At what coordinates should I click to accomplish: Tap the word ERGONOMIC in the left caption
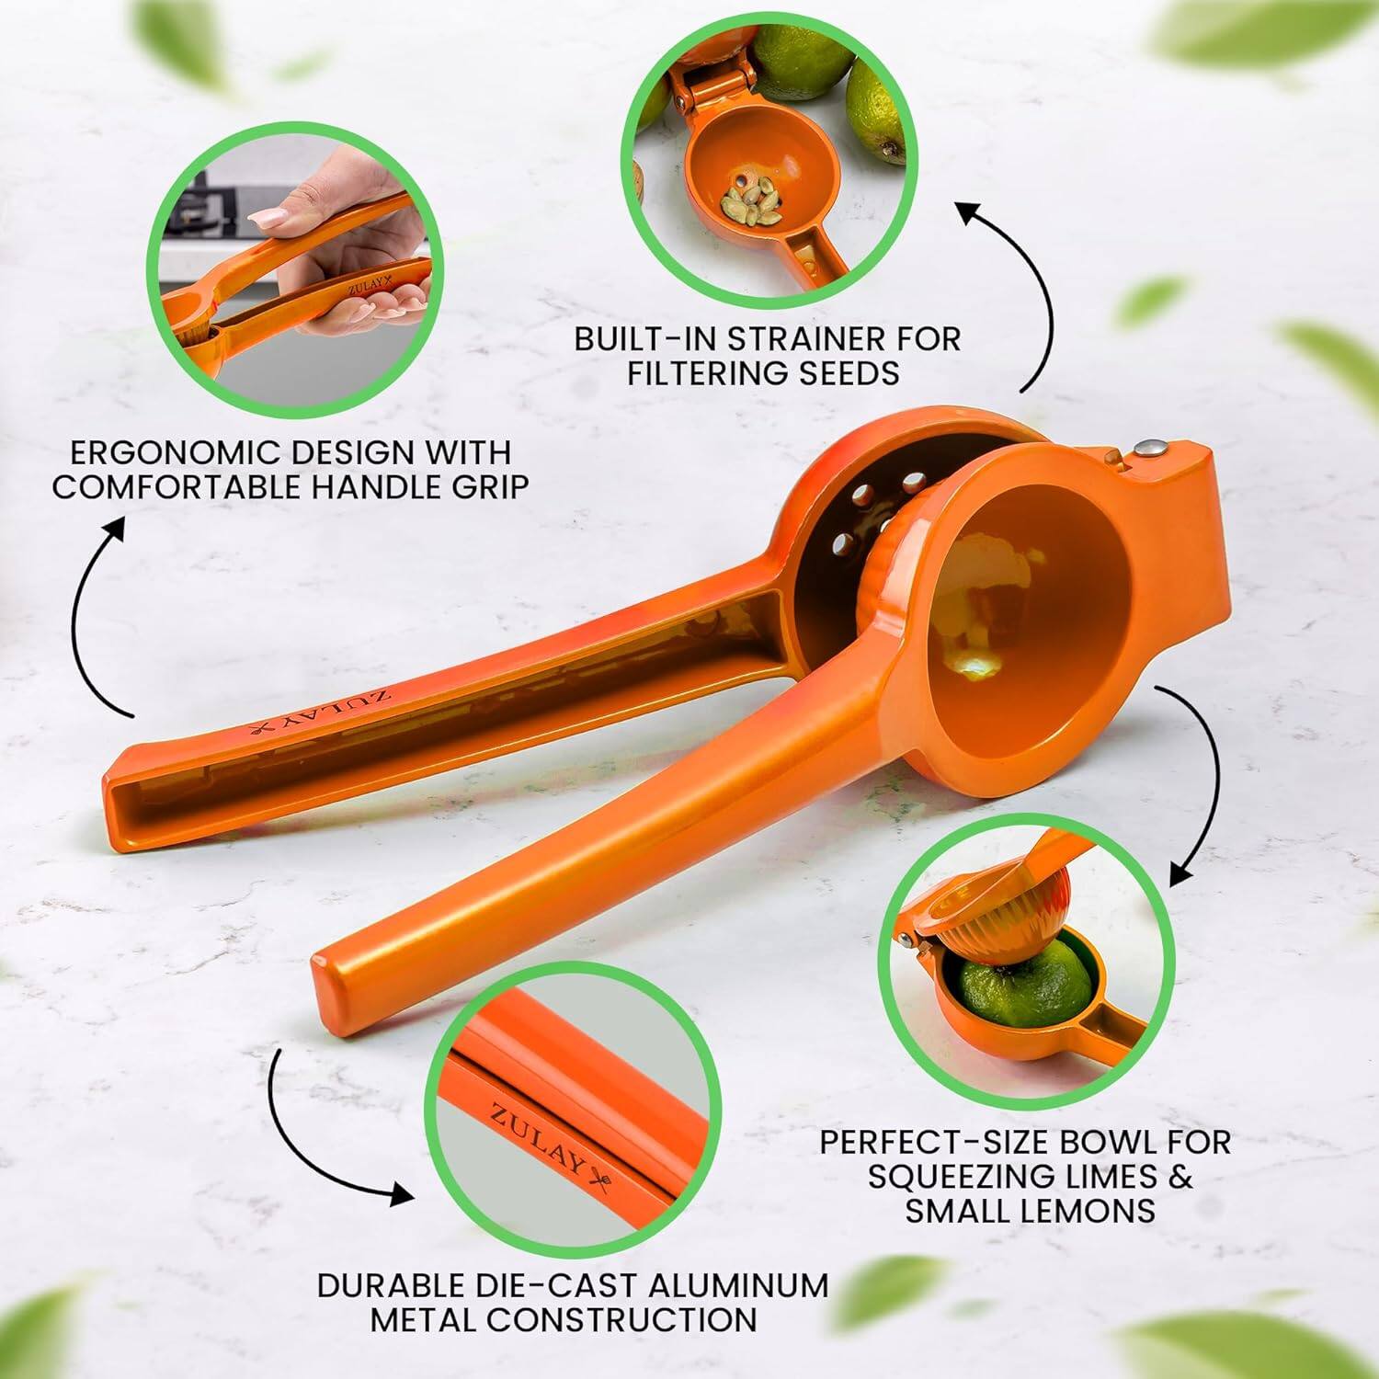coord(176,452)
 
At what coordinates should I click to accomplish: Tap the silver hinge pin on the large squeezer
coord(1150,449)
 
